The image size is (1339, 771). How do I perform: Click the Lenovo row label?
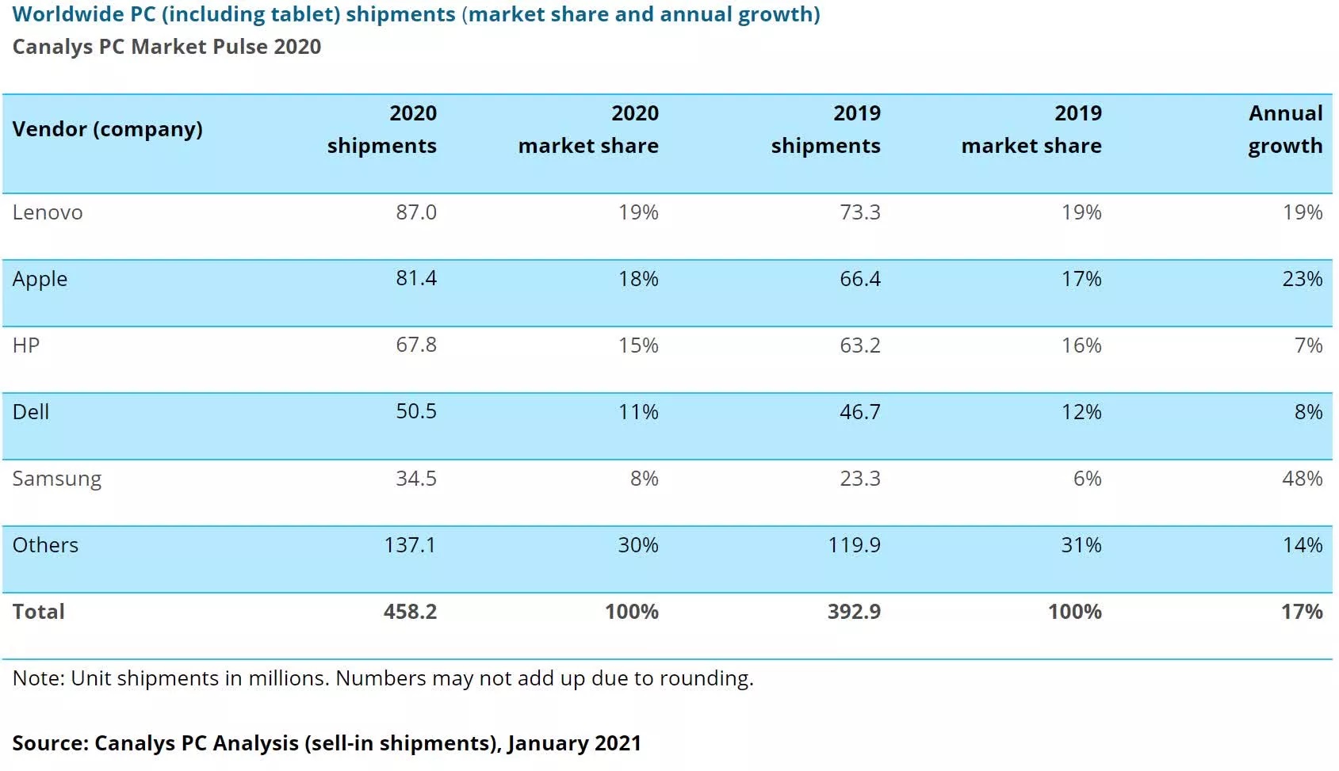click(x=48, y=212)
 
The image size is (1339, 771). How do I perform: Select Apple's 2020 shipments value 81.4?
click(x=416, y=278)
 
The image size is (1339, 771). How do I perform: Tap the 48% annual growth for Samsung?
click(x=1302, y=479)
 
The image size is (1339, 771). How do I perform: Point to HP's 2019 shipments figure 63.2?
click(x=859, y=345)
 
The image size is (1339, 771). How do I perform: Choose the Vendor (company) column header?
click(x=108, y=129)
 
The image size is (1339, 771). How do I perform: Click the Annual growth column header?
click(x=1285, y=129)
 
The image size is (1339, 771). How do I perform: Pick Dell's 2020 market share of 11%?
click(x=638, y=412)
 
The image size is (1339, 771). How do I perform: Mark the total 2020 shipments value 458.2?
click(x=410, y=612)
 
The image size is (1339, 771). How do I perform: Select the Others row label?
click(x=45, y=545)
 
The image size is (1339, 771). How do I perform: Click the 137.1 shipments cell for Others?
click(x=410, y=545)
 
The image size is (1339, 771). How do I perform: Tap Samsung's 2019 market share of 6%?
click(x=1087, y=479)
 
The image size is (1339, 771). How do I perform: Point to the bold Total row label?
click(x=39, y=612)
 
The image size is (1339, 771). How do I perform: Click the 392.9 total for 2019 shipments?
click(x=854, y=612)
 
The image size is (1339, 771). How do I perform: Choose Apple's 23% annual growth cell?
click(x=1302, y=279)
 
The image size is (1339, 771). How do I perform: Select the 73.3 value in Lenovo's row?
click(x=859, y=212)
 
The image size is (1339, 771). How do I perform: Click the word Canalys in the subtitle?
click(x=52, y=47)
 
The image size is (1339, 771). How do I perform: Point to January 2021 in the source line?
click(x=574, y=743)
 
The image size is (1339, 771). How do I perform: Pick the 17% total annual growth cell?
click(x=1302, y=612)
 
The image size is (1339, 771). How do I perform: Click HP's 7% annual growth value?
click(x=1308, y=345)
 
